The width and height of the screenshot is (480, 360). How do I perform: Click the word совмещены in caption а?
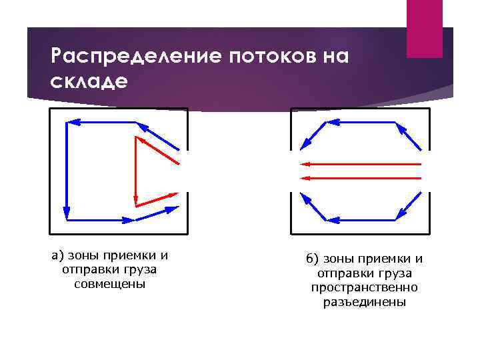110,284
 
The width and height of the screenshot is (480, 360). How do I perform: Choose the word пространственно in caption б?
364,287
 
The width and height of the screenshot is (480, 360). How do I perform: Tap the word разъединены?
364,301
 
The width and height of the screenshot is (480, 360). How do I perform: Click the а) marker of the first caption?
59,255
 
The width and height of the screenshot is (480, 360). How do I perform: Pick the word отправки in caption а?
89,270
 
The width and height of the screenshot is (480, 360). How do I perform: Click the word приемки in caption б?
381,259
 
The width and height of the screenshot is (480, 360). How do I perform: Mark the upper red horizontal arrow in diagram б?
361,163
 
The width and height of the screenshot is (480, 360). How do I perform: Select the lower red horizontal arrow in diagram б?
361,177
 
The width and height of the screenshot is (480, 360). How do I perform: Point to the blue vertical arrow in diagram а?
67,171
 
